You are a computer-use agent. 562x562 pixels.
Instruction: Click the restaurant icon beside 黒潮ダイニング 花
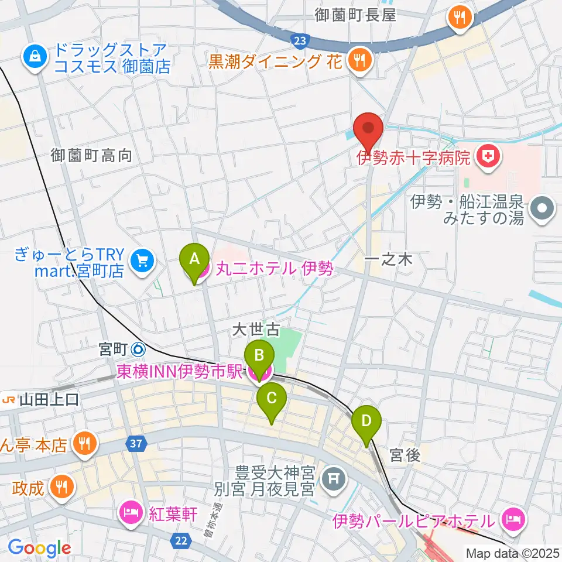coord(358,60)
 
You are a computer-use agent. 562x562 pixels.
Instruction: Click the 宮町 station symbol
coord(138,349)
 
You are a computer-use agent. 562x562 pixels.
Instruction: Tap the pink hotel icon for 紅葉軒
coord(130,513)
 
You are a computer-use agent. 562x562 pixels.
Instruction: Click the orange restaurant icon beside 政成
coord(61,486)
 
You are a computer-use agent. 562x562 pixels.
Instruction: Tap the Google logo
coord(39,548)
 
